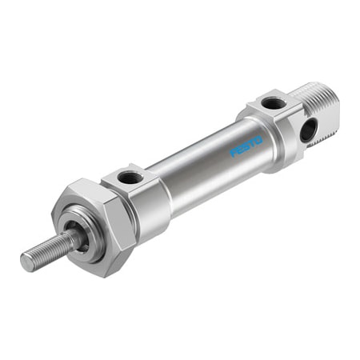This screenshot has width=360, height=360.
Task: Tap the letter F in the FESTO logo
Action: tap(234, 152)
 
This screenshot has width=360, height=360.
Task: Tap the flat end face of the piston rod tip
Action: tap(25, 261)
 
